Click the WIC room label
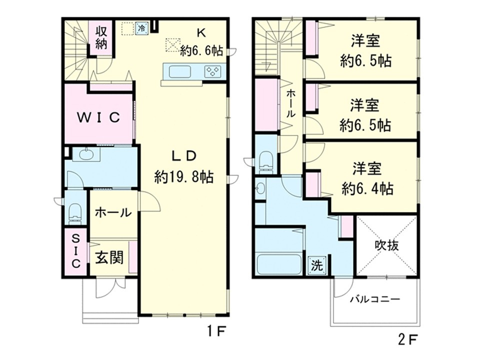(x=98, y=117)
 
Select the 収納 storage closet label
(x=101, y=36)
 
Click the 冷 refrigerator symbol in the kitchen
(x=142, y=28)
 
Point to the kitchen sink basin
(x=180, y=72)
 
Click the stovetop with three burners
(x=213, y=72)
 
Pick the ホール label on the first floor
(x=113, y=212)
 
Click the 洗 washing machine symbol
(x=316, y=265)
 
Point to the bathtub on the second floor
(x=278, y=263)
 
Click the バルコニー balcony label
(x=374, y=300)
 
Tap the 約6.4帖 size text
(x=367, y=189)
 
